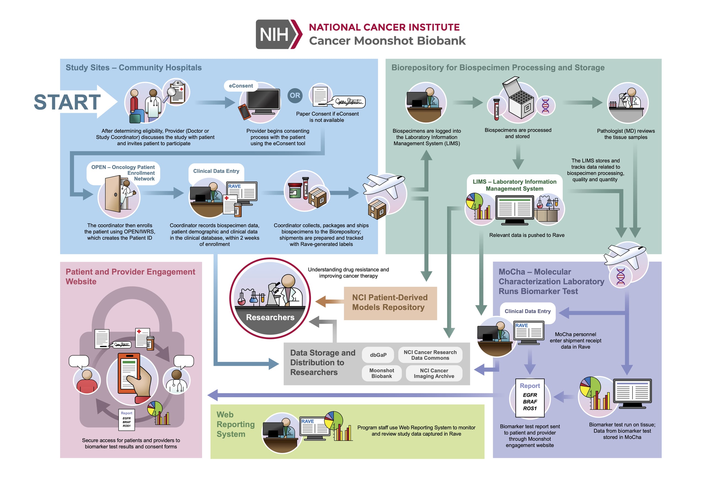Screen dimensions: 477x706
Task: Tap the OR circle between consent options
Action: coord(295,95)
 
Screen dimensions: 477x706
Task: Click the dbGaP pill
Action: coord(378,355)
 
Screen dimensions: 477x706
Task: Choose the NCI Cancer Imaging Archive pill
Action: coord(434,373)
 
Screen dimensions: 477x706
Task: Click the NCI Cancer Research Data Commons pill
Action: coord(430,355)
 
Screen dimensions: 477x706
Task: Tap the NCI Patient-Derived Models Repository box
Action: coord(390,303)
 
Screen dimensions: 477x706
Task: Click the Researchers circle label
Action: coord(270,318)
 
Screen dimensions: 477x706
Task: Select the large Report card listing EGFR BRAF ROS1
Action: coord(529,398)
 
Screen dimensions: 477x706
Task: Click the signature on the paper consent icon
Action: coord(349,102)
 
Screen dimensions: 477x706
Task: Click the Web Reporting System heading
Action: coord(236,424)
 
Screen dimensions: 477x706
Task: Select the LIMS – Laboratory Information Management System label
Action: coord(514,185)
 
